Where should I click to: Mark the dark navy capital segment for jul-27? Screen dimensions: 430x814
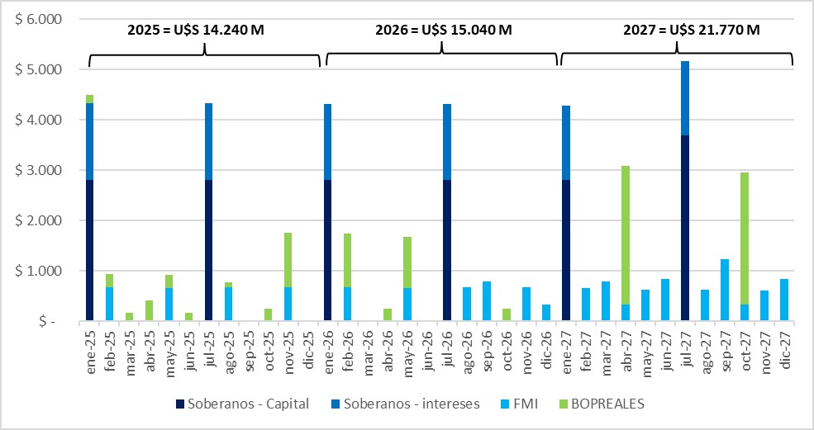pyautogui.click(x=685, y=228)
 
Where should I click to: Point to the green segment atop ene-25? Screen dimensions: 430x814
pyautogui.click(x=89, y=99)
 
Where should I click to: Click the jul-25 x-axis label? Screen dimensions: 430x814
pyautogui.click(x=209, y=348)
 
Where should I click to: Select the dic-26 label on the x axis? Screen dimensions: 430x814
pyautogui.click(x=546, y=348)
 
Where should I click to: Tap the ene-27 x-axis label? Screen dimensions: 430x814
pyautogui.click(x=566, y=348)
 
